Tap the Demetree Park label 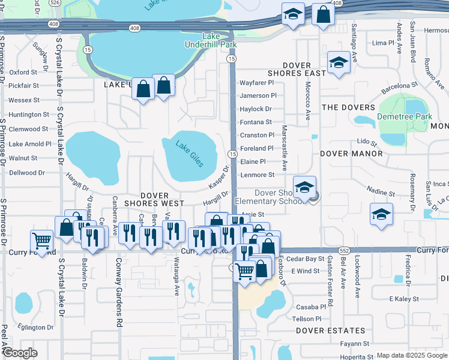tap(405, 116)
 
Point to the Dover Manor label tap(351, 154)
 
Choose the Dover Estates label tap(330, 331)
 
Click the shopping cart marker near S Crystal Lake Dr tap(41, 241)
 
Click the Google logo tap(20, 353)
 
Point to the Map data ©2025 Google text tap(411, 356)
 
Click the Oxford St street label tap(23, 72)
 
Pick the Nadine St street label tap(382, 194)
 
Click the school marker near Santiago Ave tap(338, 62)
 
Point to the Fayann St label tap(354, 344)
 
